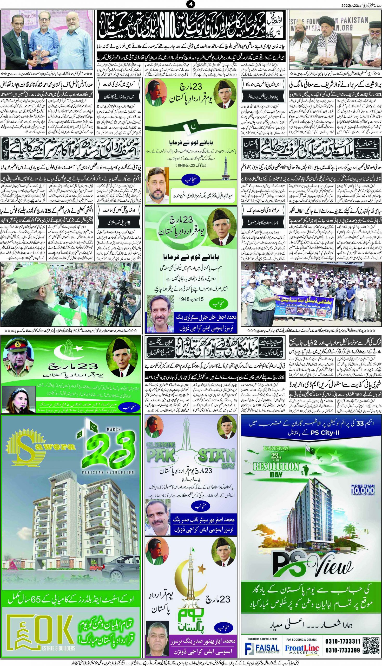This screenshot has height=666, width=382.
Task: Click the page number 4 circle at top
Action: coord(191,4)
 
